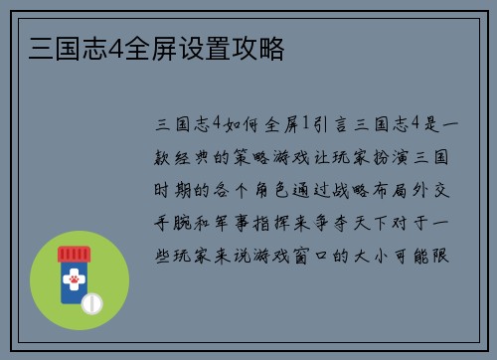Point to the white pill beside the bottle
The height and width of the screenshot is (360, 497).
[x=91, y=301]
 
